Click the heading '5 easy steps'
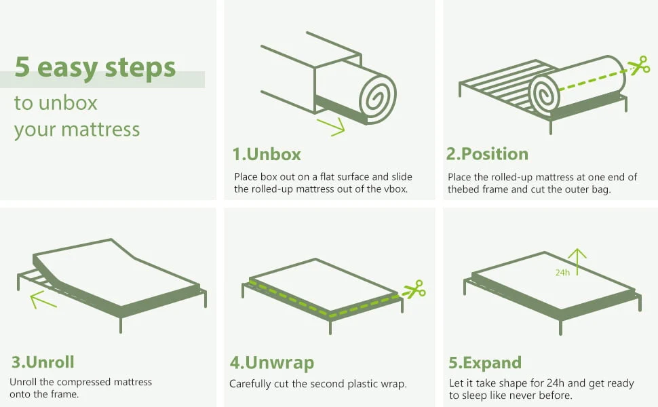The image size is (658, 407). [95, 68]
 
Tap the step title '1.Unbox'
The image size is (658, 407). [267, 154]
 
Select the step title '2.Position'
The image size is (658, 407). [487, 154]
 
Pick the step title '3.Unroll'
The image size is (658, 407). [42, 362]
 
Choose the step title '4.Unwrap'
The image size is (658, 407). [272, 363]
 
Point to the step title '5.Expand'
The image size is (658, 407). [485, 363]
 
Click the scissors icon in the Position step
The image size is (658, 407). [638, 66]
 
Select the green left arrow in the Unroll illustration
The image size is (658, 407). [42, 298]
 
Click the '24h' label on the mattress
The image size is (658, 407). [562, 272]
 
